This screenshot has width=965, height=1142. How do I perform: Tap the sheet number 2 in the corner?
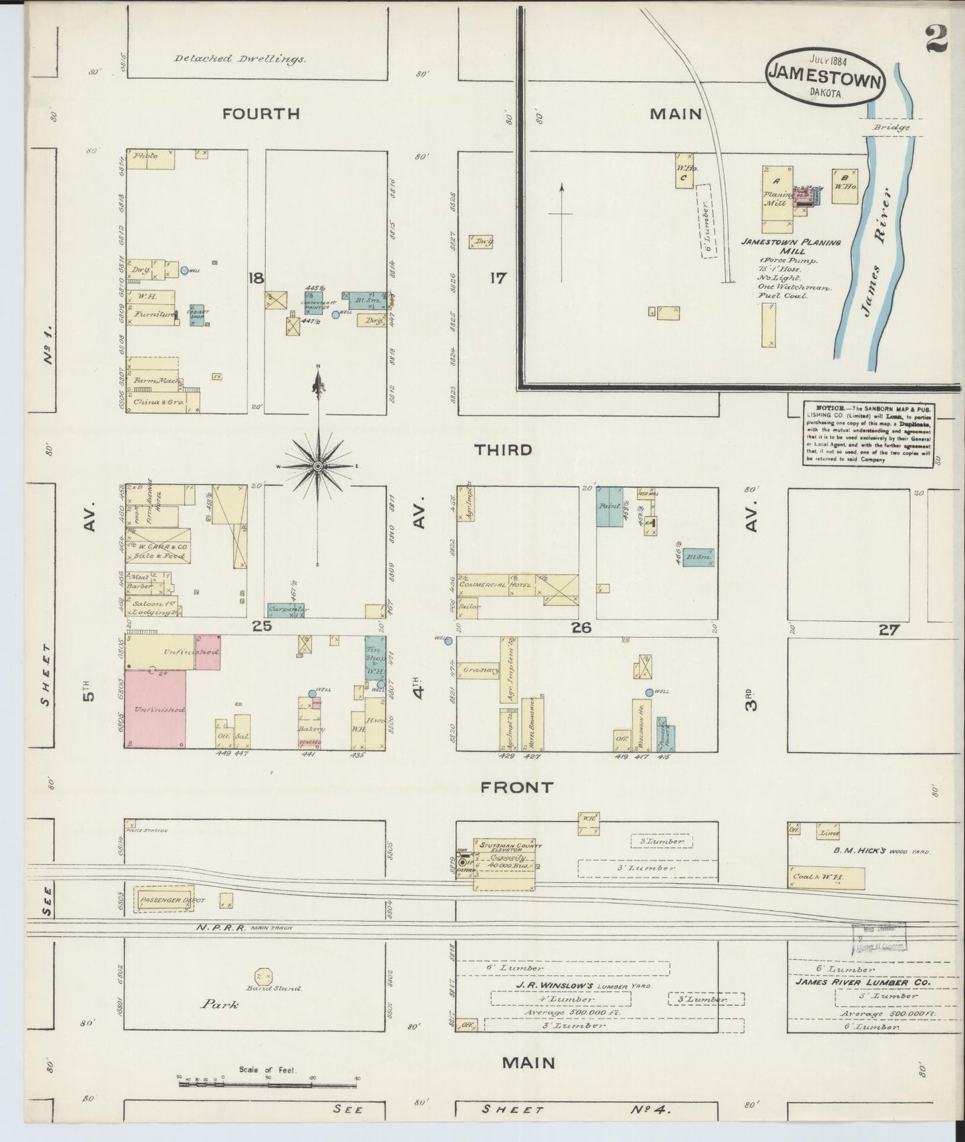936,38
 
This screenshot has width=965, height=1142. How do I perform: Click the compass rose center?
319,465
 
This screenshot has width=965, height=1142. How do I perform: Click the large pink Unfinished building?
156,709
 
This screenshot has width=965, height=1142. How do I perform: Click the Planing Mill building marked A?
777,198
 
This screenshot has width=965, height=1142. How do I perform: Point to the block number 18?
256,278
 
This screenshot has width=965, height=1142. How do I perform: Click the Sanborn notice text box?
869,433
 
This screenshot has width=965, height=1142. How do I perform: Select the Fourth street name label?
261,114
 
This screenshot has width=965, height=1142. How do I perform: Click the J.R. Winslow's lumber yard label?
563,986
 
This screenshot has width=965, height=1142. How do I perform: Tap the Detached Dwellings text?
240,59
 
